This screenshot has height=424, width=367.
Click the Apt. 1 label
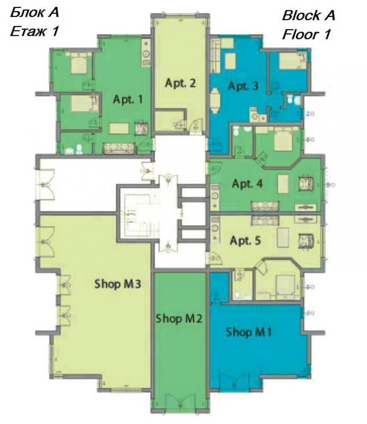[128, 100]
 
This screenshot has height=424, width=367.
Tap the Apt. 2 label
[180, 83]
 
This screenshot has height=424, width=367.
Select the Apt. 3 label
[243, 86]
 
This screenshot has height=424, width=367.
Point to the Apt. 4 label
[247, 184]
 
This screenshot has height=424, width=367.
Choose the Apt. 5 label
[245, 240]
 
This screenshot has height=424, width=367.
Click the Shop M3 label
[117, 284]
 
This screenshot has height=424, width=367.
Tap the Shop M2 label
[179, 318]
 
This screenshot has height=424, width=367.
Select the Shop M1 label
[249, 332]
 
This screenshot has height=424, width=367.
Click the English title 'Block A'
[309, 15]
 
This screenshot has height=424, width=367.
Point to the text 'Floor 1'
[306, 34]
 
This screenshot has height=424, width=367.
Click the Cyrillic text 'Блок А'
[34, 12]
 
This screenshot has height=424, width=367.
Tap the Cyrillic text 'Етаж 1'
[34, 31]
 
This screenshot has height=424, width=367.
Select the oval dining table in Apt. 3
[215, 100]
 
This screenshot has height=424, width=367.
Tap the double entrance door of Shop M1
[234, 382]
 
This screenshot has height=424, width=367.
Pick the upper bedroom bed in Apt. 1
[78, 63]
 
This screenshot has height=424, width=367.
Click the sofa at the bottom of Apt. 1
[119, 149]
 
